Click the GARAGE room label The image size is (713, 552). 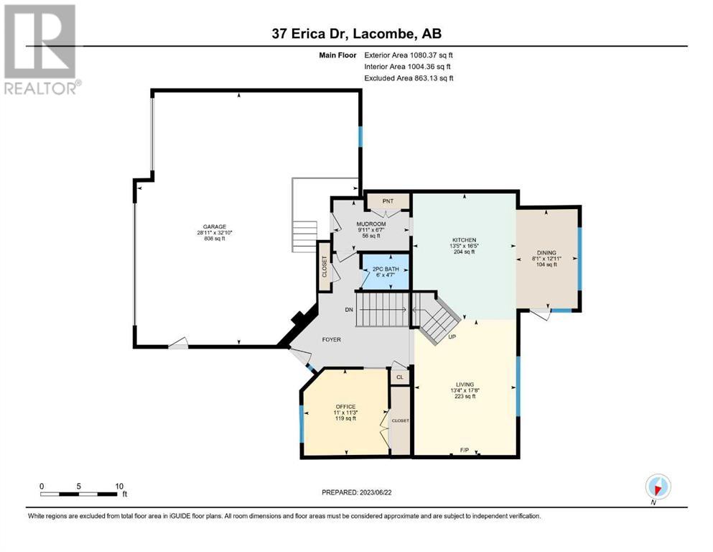[x=215, y=226]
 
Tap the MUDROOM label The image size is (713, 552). [x=371, y=224]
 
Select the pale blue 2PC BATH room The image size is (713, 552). [x=386, y=272]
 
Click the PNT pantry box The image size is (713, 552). [x=388, y=201]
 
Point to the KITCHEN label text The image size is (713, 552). [x=464, y=240]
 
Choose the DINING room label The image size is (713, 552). [x=546, y=252]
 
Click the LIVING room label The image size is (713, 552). [x=465, y=384]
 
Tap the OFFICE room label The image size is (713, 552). [x=345, y=406]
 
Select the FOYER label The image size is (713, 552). [x=332, y=339]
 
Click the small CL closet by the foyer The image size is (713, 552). [x=400, y=377]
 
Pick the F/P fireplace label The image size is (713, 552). [x=465, y=450]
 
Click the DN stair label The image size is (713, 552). [x=349, y=310]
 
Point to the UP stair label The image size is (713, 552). [x=452, y=337]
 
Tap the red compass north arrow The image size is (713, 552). [x=658, y=489]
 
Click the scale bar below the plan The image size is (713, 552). [x=78, y=494]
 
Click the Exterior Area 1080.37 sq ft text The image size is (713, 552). [x=409, y=55]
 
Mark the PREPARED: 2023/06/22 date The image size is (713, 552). [x=356, y=492]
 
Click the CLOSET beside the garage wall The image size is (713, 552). [x=325, y=266]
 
